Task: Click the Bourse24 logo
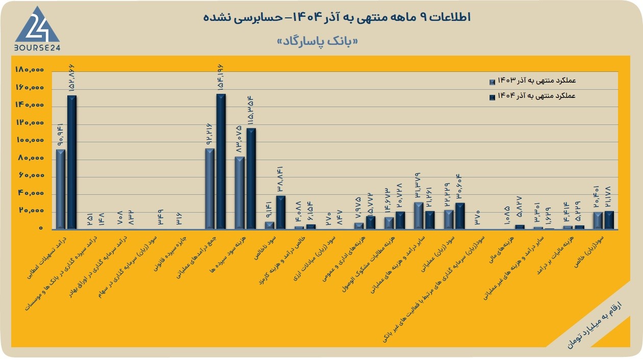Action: tap(37, 29)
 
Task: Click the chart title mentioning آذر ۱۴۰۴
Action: tap(337, 17)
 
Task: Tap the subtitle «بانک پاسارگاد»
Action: tap(318, 42)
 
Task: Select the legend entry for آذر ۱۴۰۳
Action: tap(532, 81)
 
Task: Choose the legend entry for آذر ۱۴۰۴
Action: tap(532, 96)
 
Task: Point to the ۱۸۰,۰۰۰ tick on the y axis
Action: tap(30, 69)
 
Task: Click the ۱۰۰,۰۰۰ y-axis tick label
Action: tap(30, 140)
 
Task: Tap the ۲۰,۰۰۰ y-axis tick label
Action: tap(32, 211)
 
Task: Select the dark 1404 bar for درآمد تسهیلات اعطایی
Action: tap(72, 162)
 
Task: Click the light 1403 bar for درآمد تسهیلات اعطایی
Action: tap(61, 189)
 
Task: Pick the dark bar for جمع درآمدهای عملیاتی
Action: tap(221, 161)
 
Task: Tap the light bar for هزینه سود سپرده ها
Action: tap(240, 193)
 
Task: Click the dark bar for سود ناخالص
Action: tap(281, 213)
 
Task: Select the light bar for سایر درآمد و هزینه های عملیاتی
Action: tap(419, 216)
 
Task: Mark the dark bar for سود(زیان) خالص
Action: tap(609, 220)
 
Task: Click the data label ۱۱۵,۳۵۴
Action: tap(251, 111)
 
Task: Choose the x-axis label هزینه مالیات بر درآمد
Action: tap(555, 255)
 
